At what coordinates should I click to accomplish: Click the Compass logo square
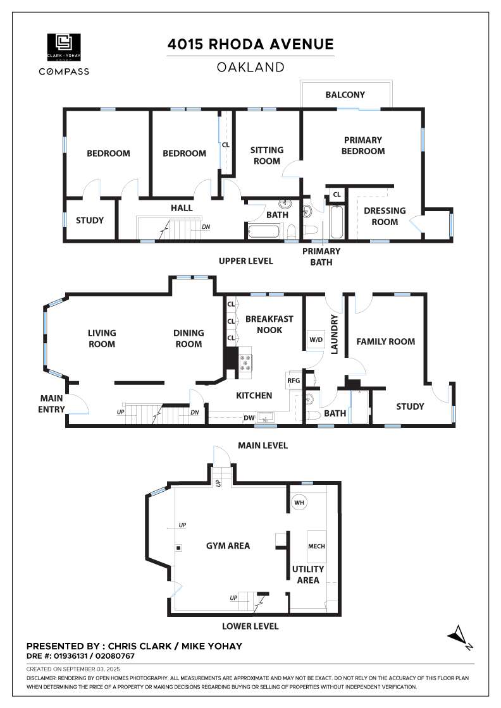64,47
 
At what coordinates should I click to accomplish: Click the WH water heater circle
299,503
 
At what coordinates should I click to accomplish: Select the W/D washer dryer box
316,339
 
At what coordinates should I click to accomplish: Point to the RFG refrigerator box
294,381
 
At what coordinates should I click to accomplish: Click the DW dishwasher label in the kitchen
249,418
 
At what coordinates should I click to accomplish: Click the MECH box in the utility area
317,546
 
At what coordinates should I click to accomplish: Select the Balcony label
345,95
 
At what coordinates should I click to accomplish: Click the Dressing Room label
385,216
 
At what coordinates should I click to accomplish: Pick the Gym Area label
228,546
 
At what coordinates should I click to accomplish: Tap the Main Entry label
51,404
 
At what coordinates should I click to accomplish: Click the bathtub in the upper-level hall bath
266,230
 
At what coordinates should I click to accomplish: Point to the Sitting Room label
267,156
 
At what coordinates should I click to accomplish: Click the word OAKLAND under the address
250,67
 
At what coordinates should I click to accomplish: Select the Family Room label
386,342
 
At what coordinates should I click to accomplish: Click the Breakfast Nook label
269,324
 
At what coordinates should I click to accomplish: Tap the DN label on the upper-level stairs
206,227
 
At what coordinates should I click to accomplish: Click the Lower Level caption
250,626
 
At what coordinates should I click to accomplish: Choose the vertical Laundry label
334,334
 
